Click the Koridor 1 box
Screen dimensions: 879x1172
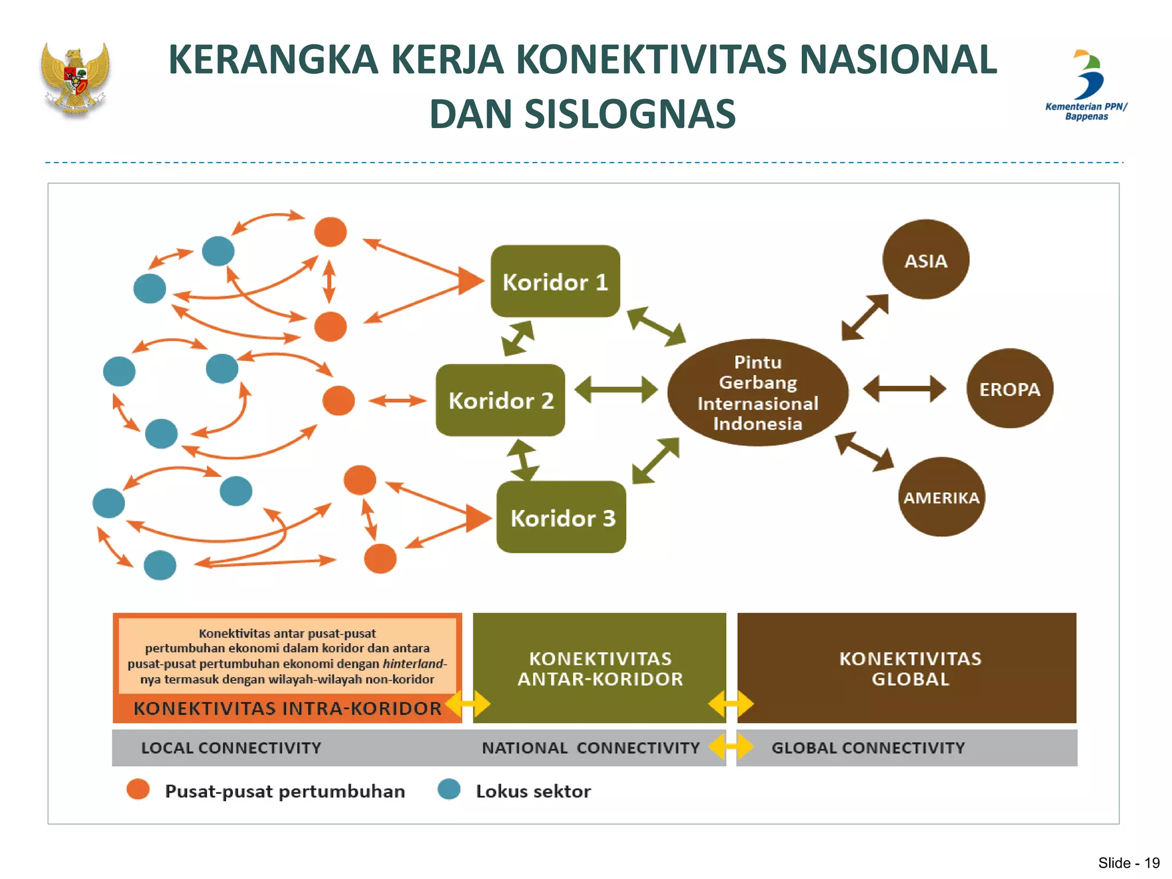[x=555, y=282]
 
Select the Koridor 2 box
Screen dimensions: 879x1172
[x=500, y=400]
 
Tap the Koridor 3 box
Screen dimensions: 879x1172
[x=561, y=517]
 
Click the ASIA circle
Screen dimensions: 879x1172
[x=925, y=260]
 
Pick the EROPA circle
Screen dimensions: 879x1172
[x=1009, y=389]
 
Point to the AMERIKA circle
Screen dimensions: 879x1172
[x=941, y=497]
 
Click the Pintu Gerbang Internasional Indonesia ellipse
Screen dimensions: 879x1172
[x=758, y=393]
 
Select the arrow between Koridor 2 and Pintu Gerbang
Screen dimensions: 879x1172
[x=616, y=390]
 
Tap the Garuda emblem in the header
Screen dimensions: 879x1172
[x=76, y=80]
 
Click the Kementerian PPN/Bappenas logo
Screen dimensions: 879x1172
[x=1086, y=86]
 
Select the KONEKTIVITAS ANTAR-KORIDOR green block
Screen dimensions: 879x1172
[x=600, y=668]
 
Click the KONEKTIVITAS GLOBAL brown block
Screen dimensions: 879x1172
[x=909, y=668]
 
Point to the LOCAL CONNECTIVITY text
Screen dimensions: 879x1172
[x=231, y=747]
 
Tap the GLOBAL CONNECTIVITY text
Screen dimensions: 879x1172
[x=868, y=747]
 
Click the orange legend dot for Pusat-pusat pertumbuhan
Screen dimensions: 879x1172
[x=138, y=789]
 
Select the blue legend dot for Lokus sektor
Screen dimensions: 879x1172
[x=449, y=789]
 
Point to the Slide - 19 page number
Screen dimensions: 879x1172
[x=1128, y=862]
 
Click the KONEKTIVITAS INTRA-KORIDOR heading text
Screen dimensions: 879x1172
[x=287, y=708]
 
